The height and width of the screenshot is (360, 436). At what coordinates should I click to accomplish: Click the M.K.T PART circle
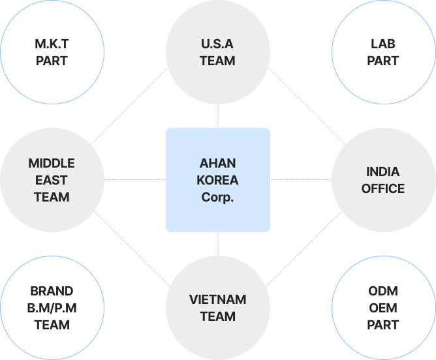click(52, 53)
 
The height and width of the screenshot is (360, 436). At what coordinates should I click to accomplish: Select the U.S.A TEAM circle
click(218, 53)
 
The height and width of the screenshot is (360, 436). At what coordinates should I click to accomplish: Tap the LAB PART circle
click(383, 53)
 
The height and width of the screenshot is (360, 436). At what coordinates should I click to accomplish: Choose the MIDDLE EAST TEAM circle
click(52, 179)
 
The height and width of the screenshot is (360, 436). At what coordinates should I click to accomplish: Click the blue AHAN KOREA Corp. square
click(218, 180)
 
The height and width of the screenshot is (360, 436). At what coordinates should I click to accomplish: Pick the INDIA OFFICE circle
click(383, 180)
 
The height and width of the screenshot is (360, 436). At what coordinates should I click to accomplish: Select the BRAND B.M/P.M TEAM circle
click(52, 307)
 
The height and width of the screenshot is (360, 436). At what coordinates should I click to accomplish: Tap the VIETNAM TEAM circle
click(218, 308)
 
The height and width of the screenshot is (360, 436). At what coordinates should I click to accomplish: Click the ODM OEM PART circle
click(383, 307)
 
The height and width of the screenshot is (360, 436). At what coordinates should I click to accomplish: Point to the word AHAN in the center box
click(218, 163)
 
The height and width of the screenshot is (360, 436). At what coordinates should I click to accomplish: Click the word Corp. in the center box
click(218, 197)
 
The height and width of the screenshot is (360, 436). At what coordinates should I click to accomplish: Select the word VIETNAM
click(218, 300)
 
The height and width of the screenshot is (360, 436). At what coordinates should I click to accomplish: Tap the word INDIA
click(383, 172)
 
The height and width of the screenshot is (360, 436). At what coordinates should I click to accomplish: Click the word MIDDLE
click(52, 163)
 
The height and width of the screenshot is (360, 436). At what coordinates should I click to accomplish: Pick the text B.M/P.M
click(52, 308)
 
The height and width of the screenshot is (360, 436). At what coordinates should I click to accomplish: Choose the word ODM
click(383, 291)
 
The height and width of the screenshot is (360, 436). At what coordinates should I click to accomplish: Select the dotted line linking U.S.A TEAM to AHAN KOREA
click(218, 116)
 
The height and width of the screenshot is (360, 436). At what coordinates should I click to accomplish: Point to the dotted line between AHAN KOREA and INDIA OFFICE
click(300, 179)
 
